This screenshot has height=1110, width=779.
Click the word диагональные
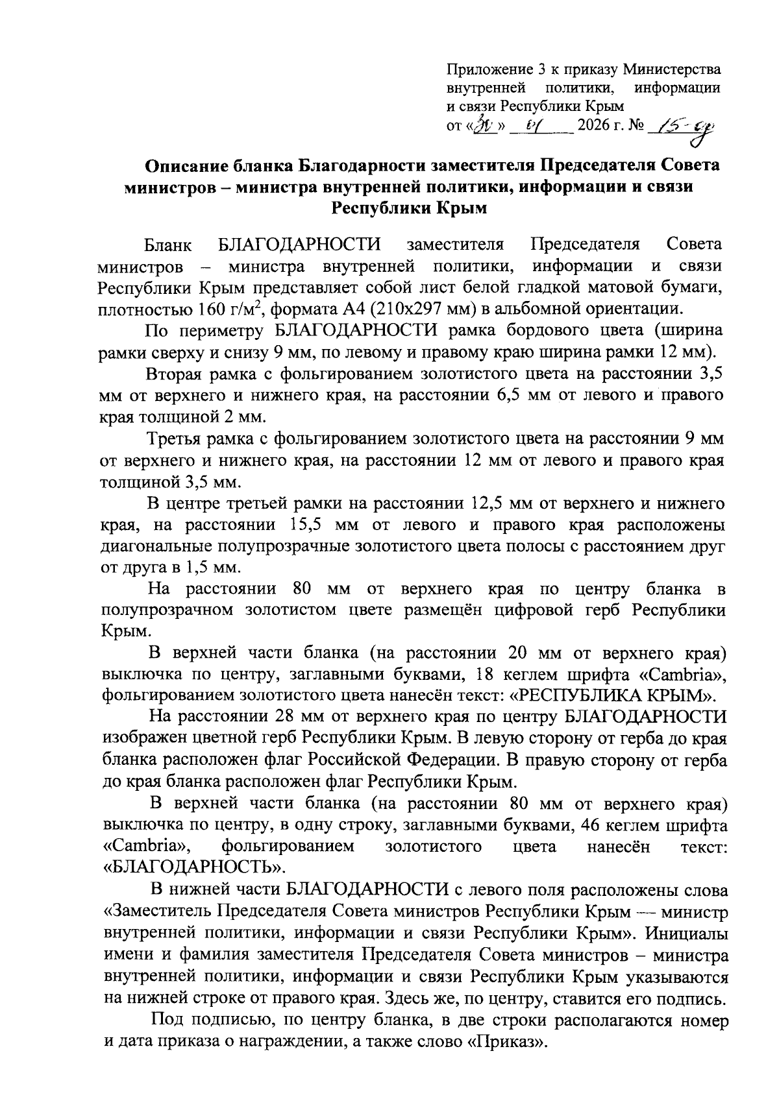tap(151, 546)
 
